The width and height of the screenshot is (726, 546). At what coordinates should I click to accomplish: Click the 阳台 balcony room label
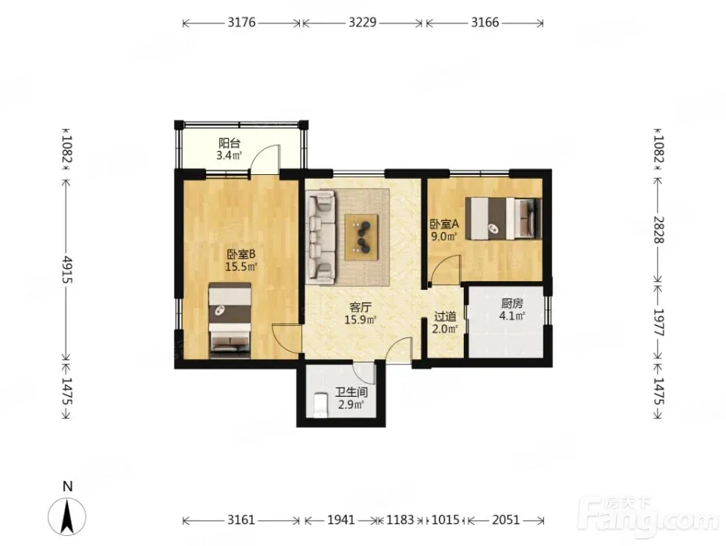pos(230,143)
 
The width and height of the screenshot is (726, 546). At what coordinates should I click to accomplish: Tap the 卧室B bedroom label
pos(240,254)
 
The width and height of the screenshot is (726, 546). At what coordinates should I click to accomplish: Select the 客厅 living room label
pos(360,307)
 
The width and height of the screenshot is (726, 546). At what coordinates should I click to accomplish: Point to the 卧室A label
pos(444,224)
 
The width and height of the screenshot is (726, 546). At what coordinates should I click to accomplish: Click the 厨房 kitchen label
pos(512,303)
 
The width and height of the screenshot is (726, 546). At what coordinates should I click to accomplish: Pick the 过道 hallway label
pos(445,317)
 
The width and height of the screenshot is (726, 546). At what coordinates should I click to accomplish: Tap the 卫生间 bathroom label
pos(351,393)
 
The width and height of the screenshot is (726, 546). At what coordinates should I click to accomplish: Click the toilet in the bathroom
pos(320,405)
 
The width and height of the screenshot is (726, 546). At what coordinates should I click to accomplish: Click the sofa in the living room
pos(320,237)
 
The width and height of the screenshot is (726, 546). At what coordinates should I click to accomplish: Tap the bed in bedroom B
pos(230,320)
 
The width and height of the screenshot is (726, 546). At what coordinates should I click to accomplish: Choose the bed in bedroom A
pos(504,218)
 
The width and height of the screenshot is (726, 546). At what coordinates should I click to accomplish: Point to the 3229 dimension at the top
pos(362,22)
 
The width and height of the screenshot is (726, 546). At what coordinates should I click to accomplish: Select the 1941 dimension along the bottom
pos(341,520)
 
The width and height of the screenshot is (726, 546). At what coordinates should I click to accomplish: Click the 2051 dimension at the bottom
pos(506,520)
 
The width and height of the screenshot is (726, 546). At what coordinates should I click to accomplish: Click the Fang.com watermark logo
pos(650,517)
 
